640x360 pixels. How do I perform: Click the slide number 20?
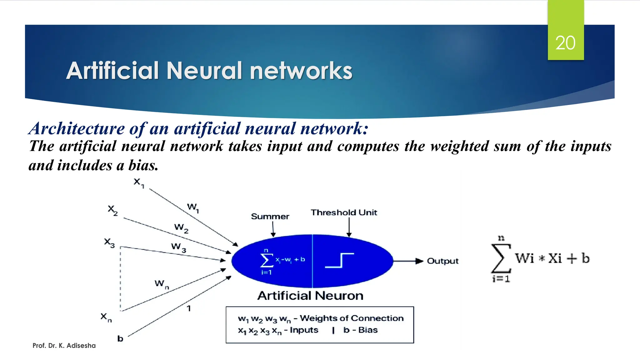[x=565, y=43]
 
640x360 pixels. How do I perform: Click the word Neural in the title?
[x=204, y=71]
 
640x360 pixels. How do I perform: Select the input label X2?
[x=112, y=210]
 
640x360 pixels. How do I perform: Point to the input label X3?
[x=109, y=243]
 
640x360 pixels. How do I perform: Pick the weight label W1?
[x=193, y=207]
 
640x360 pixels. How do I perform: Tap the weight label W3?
[x=178, y=247]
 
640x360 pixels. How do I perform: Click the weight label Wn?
[x=161, y=284]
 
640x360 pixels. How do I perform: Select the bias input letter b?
[x=120, y=338]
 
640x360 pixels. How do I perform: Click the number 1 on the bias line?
[x=189, y=308]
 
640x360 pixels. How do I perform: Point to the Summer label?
[x=270, y=216]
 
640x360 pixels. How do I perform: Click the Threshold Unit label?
[x=344, y=212]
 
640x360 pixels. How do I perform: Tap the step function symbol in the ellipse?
[x=339, y=260]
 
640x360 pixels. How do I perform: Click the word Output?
[x=442, y=261]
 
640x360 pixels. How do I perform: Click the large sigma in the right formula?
[x=501, y=258]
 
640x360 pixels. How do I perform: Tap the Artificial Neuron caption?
[x=310, y=296]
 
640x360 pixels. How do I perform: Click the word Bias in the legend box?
[x=368, y=330]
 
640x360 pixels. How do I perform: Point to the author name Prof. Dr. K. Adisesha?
[x=64, y=346]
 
